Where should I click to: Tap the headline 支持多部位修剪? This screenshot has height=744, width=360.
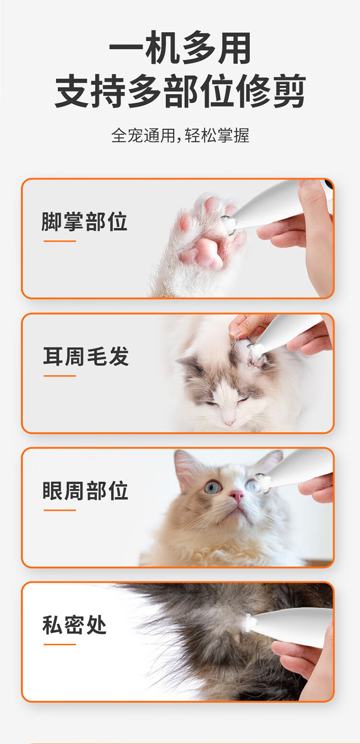(x=180, y=91)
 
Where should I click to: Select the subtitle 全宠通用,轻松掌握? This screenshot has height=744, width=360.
(x=180, y=135)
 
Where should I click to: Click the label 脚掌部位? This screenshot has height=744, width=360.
(x=84, y=222)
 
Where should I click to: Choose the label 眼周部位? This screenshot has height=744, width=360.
(x=85, y=491)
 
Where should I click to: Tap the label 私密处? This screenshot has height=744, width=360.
(x=74, y=625)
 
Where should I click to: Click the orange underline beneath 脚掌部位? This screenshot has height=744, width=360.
(x=60, y=241)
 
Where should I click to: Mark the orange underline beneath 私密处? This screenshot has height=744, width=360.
(x=60, y=644)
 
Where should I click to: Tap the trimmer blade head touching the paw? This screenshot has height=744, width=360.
(x=229, y=225)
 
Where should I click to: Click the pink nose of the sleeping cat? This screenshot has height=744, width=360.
(x=229, y=423)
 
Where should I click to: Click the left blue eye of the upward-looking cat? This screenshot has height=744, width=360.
(x=213, y=487)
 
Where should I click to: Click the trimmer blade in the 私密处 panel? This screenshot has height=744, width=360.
(x=249, y=622)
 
